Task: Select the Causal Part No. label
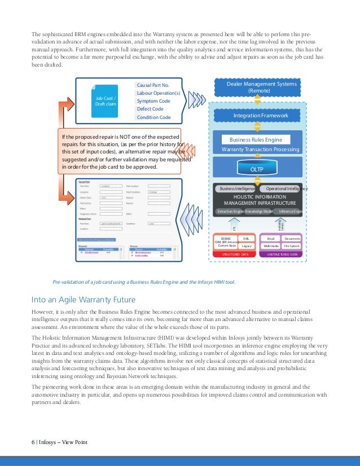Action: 153,85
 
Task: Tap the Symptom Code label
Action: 153,101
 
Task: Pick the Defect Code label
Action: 150,109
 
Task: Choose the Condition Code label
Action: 153,117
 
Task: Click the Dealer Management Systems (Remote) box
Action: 257,86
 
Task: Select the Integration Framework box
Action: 257,115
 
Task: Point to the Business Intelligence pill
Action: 236,188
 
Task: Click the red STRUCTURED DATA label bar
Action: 235,254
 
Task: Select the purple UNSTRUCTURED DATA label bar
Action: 282,254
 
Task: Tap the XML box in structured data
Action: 246,239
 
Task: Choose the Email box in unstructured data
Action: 271,239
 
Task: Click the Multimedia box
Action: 271,246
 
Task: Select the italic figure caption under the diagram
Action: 144,281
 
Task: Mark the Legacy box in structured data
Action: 246,246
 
